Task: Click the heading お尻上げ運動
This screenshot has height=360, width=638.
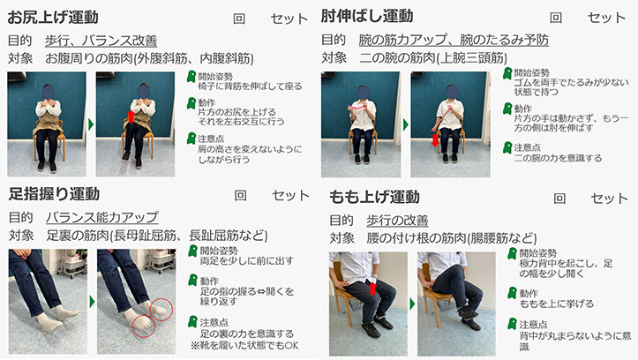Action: pos(53,18)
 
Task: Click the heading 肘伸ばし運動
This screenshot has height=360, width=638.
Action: pos(366,16)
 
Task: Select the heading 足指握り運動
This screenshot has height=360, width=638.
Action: pos(54,194)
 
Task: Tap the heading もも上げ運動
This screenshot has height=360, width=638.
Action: pos(374,198)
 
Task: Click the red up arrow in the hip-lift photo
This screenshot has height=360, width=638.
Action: pos(131,116)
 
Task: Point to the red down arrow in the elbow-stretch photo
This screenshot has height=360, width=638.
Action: pos(435,139)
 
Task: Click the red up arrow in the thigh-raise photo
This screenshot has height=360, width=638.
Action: pos(372,288)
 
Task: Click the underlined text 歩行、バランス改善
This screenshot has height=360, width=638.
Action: pos(101,41)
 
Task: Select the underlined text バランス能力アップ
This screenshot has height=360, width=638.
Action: pos(102,217)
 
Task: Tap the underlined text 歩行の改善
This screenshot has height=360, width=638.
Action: pos(397,221)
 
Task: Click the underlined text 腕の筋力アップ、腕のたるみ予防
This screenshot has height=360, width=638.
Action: pos(454,40)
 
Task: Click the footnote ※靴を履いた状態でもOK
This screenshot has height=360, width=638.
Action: pos(244,346)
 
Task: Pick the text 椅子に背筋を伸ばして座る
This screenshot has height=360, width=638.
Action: pos(250,86)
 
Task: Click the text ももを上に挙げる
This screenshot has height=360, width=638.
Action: pos(557,304)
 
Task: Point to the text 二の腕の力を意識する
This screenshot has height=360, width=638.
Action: pos(558,158)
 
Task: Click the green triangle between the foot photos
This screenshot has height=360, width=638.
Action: pos(92,302)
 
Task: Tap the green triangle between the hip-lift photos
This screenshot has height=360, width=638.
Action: pos(91,124)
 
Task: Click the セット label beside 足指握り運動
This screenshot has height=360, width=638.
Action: pos(290,196)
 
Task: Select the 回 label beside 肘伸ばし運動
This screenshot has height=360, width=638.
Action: pos(556,18)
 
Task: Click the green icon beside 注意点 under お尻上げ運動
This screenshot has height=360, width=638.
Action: pos(191,139)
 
